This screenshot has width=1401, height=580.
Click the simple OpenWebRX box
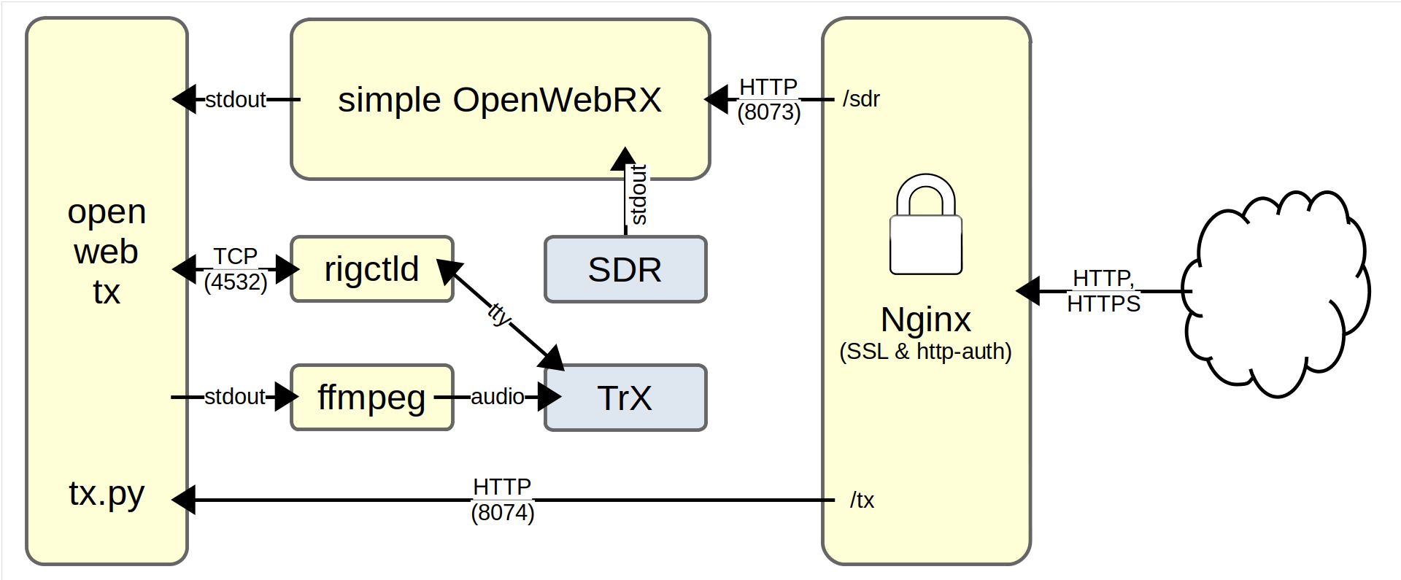click(500, 100)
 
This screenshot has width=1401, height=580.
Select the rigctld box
click(371, 269)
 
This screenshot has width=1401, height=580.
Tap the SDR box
click(625, 270)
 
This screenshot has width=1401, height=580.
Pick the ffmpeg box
click(371, 398)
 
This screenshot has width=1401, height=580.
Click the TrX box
click(625, 398)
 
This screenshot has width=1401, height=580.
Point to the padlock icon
click(926, 225)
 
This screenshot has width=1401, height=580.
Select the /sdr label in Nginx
click(861, 99)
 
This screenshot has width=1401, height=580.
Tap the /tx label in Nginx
click(862, 500)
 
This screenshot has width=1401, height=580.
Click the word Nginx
click(925, 320)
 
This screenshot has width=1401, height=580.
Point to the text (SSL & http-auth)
click(925, 352)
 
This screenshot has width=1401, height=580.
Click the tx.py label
click(107, 494)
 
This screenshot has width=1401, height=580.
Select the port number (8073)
click(768, 112)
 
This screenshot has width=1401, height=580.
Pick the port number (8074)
click(502, 513)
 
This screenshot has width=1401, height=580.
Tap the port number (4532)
click(235, 282)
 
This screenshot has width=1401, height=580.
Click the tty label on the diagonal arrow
click(499, 314)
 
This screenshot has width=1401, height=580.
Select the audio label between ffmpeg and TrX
click(497, 397)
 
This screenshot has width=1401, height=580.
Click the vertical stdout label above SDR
click(638, 195)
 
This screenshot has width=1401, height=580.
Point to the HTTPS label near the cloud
click(1103, 303)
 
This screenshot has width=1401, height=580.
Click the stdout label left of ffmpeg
click(234, 397)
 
